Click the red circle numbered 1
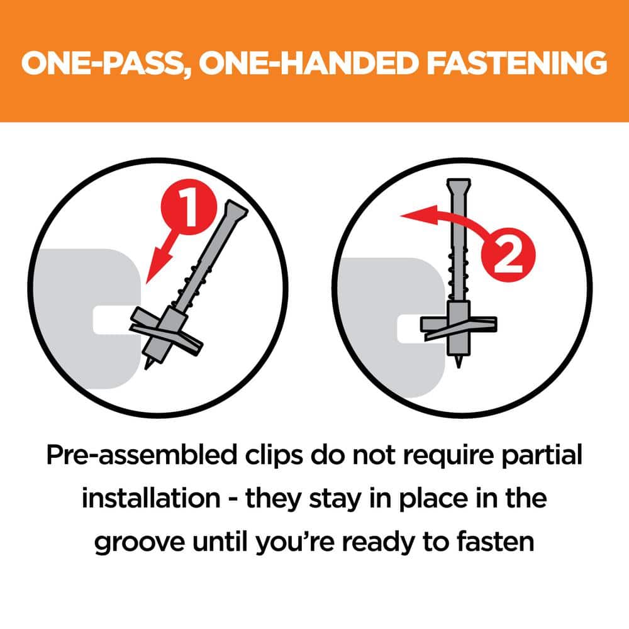click(x=189, y=206)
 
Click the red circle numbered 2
click(x=508, y=255)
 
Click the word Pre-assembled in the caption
click(x=142, y=455)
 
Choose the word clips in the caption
click(x=274, y=456)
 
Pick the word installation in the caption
click(x=151, y=498)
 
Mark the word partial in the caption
click(x=542, y=456)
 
